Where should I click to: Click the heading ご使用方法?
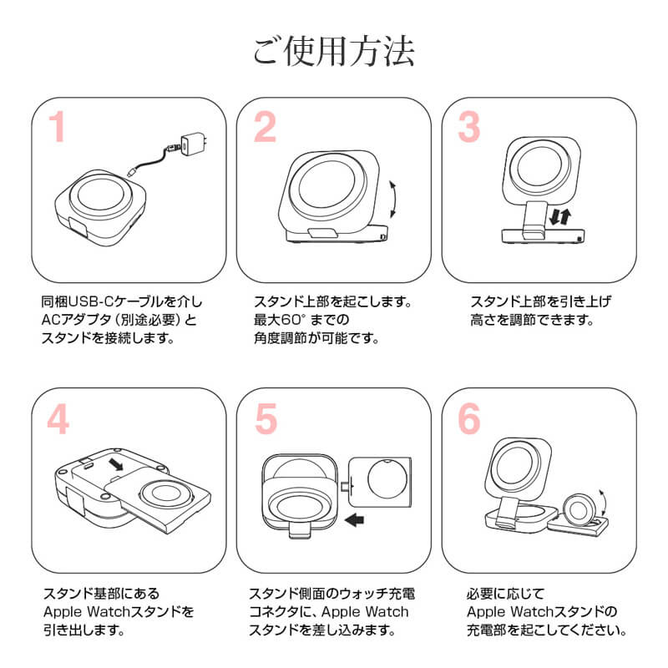[334, 53]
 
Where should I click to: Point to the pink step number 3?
[469, 128]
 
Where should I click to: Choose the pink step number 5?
[265, 421]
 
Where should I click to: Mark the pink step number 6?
[470, 421]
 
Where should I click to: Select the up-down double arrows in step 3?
[562, 219]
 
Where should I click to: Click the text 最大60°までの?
[301, 321]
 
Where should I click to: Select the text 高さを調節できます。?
[522, 321]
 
